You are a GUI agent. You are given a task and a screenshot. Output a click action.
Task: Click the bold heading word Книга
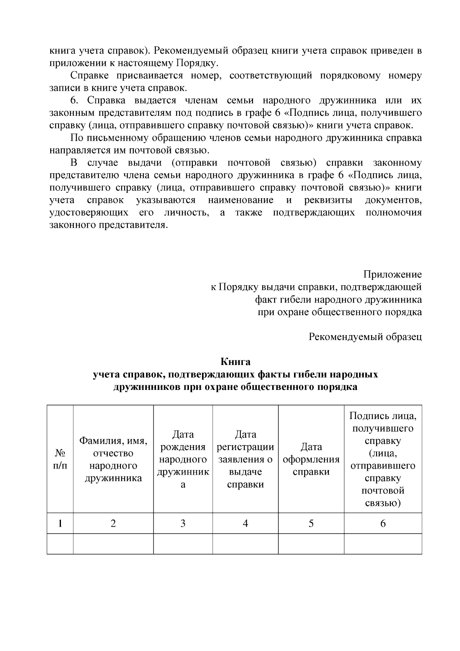coord(235,362)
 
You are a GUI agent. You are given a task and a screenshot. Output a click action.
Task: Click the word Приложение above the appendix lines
coord(392,274)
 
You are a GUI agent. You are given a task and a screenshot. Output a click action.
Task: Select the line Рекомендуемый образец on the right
coord(365,337)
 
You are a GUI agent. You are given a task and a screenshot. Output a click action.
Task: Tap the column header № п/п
coord(60,459)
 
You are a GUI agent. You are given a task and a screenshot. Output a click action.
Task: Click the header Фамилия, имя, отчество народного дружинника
coord(113,459)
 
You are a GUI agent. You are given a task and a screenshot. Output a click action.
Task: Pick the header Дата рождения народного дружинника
coord(183,459)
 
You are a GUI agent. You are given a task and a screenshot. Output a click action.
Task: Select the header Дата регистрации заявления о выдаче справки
coord(245,459)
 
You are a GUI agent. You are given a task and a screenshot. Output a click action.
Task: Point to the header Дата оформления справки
coord(311,459)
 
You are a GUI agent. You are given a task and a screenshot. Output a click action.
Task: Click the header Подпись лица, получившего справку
coord(383,459)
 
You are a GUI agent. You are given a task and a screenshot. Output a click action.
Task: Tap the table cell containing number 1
coord(60,523)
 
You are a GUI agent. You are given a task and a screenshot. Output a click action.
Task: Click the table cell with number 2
coord(113,523)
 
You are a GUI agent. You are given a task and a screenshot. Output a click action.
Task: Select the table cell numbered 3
coord(183,523)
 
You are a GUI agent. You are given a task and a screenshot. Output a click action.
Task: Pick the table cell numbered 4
coord(245,523)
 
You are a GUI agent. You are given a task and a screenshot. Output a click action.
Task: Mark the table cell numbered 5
coord(311,523)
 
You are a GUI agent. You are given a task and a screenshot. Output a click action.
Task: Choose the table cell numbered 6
coord(383,523)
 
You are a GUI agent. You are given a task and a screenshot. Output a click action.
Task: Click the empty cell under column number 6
coord(383,544)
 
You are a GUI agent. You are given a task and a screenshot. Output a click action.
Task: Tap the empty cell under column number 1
coord(60,544)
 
